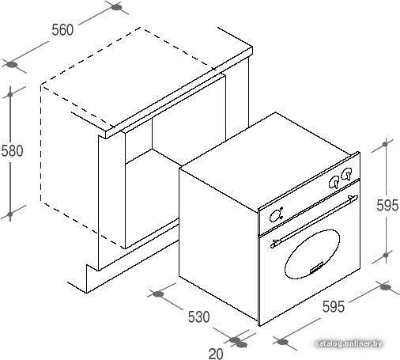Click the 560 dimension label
point(62,30)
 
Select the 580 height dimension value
point(12,150)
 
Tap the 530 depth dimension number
point(199,316)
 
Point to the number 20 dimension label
point(216,354)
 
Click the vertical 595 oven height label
point(387,205)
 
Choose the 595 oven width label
point(334,306)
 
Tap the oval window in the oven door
point(312,254)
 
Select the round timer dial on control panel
point(275,216)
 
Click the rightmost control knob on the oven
point(346,174)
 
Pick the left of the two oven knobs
point(334,182)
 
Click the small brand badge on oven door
point(316,267)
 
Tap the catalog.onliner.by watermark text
point(349,343)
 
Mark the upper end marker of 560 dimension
point(116,7)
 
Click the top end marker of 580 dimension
point(10,94)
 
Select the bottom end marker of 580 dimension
point(10,214)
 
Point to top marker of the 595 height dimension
point(385,144)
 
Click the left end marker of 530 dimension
point(158,294)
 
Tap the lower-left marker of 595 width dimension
point(283,342)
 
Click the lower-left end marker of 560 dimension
point(12,65)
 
